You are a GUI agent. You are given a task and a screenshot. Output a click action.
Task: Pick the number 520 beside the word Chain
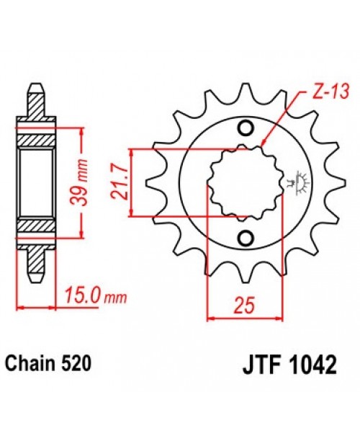[x=76, y=365]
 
